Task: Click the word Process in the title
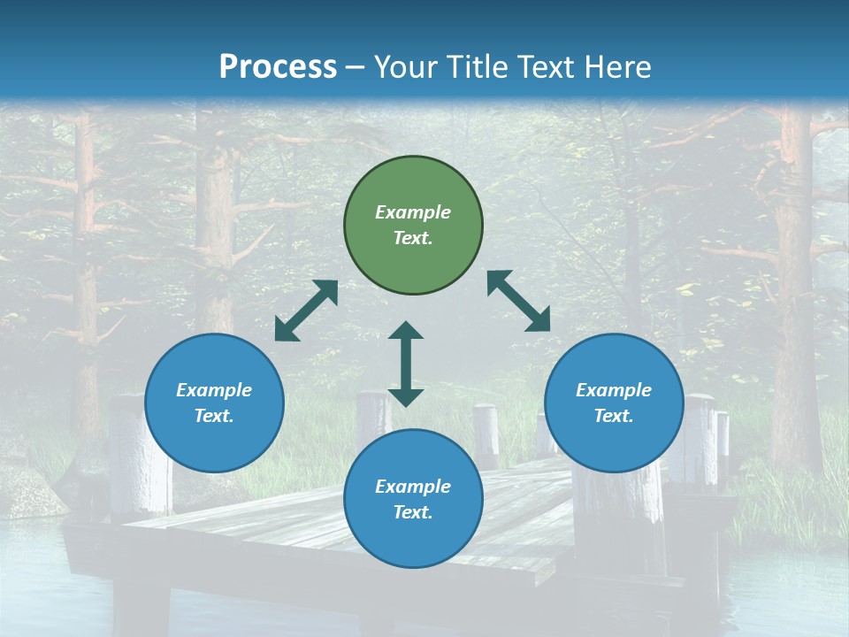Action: click(278, 67)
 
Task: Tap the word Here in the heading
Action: click(616, 67)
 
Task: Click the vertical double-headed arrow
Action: click(406, 364)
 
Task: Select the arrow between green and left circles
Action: click(306, 311)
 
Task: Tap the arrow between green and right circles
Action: click(519, 301)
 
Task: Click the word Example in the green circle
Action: click(413, 212)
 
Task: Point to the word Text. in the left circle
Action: click(214, 416)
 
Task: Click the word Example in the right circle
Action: click(614, 390)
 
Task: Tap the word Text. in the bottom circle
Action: click(413, 512)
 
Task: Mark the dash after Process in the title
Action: click(356, 68)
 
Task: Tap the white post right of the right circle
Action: click(700, 438)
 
